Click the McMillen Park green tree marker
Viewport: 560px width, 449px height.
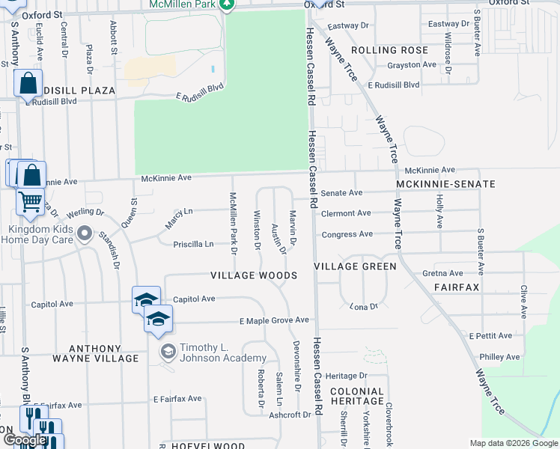click(227, 4)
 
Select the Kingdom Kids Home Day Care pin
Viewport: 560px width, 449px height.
click(84, 233)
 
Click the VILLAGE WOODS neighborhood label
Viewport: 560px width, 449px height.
click(255, 275)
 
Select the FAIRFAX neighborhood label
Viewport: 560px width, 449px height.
click(456, 287)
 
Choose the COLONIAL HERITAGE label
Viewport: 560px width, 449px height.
click(357, 397)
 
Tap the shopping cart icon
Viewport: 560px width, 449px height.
click(30, 201)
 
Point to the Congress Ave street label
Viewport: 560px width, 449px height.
click(347, 234)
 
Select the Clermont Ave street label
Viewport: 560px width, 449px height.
click(346, 213)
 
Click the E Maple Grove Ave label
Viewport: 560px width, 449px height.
click(274, 320)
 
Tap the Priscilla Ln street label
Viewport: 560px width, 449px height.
click(193, 244)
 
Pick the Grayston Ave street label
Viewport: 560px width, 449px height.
click(411, 65)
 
